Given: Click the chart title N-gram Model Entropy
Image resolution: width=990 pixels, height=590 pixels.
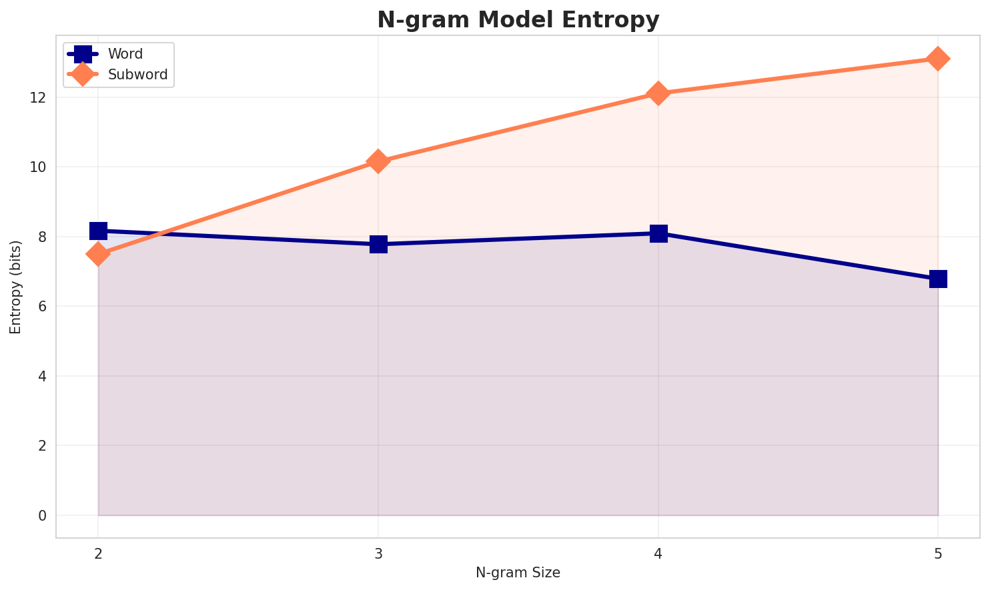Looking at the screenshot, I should click(x=518, y=20).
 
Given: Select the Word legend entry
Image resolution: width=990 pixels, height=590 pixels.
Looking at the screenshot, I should click(x=125, y=54).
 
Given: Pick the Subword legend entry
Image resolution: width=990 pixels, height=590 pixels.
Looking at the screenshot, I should click(x=137, y=75).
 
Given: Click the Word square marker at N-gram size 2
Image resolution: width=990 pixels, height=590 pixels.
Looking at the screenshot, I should click(x=98, y=231).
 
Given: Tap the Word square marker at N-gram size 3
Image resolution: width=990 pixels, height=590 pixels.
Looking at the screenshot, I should click(x=378, y=244).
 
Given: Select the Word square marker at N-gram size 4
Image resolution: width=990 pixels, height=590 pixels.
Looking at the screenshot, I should click(x=658, y=233).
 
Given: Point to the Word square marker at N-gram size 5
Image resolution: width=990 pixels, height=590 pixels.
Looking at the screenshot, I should click(x=938, y=279).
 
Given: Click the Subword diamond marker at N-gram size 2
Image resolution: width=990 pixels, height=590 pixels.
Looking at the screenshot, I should click(x=98, y=254).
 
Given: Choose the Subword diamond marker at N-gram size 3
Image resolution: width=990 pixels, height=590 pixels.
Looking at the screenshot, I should click(x=378, y=161).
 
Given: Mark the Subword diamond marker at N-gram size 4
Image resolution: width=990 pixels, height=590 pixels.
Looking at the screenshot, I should click(x=658, y=93).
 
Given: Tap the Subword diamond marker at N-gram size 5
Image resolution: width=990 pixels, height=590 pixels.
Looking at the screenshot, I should click(x=938, y=59).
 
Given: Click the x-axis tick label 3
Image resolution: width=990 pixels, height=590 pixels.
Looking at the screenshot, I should click(x=378, y=553).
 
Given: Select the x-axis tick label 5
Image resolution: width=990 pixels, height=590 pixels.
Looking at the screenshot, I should click(x=938, y=553).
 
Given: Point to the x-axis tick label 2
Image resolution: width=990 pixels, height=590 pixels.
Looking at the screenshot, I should click(x=98, y=553).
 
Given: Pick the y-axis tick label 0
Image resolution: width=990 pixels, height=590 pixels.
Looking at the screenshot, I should click(x=42, y=515).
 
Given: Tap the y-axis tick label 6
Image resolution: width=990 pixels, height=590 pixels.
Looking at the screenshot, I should click(x=42, y=307).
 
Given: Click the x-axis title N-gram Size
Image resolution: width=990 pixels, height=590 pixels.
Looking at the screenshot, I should click(x=518, y=573).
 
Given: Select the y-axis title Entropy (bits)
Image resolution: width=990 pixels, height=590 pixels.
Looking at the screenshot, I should click(x=15, y=287).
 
